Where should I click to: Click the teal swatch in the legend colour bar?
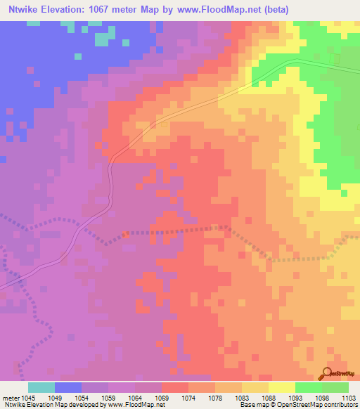(41, 388)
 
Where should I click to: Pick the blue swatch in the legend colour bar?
(68, 388)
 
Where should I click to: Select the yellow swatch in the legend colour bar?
(281, 388)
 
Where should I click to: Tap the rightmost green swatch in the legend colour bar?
(335, 388)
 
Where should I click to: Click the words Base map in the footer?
(250, 404)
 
